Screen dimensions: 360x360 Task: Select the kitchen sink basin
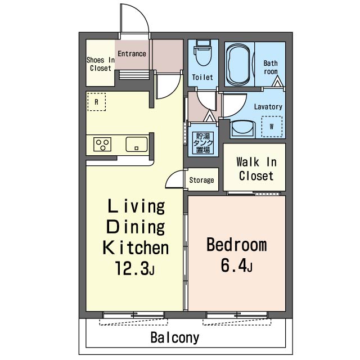tap(137, 144)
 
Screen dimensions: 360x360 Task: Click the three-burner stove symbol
tap(102, 144)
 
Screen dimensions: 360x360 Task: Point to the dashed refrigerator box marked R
tap(97, 102)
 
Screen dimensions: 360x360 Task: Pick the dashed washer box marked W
tap(272, 127)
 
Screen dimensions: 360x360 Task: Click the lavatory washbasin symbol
tap(242, 129)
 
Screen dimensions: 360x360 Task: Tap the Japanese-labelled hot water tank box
tap(203, 143)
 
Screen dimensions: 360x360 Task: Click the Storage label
tap(201, 180)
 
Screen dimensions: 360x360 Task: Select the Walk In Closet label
tap(256, 169)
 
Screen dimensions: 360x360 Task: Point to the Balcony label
tap(175, 337)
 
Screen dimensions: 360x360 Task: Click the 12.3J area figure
tap(135, 268)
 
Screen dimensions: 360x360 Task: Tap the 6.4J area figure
tap(236, 265)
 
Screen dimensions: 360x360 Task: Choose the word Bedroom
tap(237, 245)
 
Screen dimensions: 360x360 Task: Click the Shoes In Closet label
tap(101, 64)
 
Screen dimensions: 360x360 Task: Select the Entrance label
tap(132, 54)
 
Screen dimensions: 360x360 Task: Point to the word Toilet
tap(202, 77)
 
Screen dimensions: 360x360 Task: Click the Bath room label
tap(271, 67)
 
